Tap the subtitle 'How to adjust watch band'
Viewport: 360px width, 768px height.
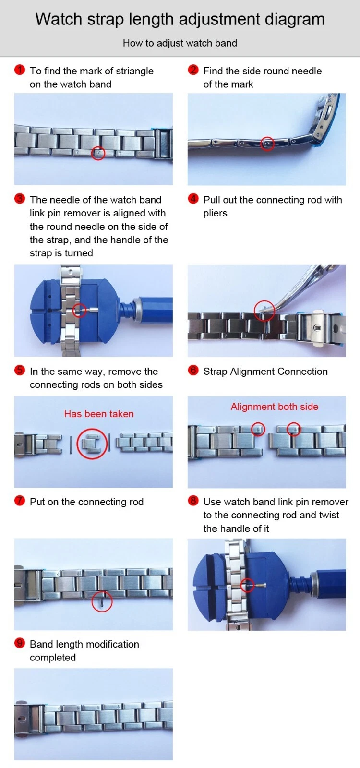point(180,43)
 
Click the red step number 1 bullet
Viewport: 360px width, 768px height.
point(20,70)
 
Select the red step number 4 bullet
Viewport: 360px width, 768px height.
point(193,199)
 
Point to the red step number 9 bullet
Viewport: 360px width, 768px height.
point(20,643)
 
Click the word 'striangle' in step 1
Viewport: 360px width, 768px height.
point(135,72)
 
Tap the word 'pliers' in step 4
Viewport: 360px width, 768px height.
point(216,213)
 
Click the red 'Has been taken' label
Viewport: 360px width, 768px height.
point(99,414)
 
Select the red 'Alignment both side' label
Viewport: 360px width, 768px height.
point(274,407)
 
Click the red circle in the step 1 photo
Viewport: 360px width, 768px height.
point(98,147)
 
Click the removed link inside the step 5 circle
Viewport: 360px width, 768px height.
point(92,444)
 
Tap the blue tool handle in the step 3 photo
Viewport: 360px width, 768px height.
point(153,310)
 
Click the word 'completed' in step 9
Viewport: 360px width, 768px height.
point(53,658)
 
